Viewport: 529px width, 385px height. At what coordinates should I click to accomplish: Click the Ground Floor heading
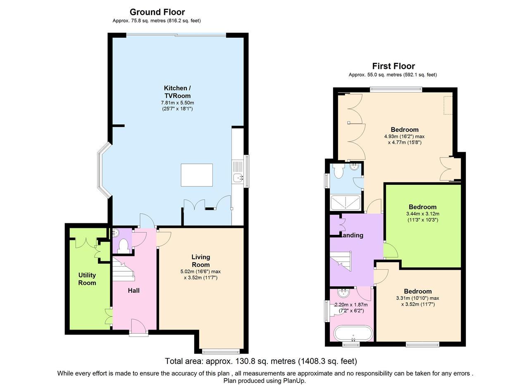[157, 12]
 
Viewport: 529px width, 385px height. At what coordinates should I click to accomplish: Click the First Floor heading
[393, 66]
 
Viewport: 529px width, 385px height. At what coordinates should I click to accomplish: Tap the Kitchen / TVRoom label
[177, 92]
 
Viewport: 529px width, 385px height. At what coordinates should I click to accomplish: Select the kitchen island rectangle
[197, 175]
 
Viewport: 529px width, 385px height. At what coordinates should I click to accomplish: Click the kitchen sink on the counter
[238, 178]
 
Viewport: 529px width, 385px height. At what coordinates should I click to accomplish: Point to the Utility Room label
[87, 279]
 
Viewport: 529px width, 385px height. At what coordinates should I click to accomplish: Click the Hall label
[133, 291]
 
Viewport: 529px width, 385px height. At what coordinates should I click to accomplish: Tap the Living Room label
[200, 261]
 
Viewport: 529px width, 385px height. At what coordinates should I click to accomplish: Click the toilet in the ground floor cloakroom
[123, 246]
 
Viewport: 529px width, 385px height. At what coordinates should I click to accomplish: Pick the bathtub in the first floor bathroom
[353, 334]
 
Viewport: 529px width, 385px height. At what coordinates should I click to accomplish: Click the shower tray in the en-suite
[346, 203]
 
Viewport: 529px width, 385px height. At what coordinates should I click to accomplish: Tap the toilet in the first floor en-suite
[338, 171]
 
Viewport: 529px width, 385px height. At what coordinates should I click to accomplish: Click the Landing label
[352, 235]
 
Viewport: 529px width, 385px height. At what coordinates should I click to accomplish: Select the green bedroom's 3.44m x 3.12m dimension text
[422, 214]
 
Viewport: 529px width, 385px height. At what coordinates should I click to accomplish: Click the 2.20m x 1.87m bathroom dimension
[351, 305]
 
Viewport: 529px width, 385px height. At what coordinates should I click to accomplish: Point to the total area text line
[261, 361]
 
